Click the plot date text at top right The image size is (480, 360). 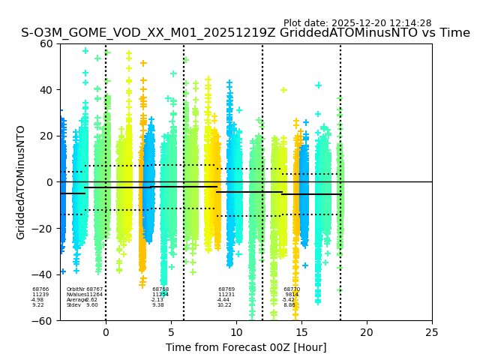pos(357,23)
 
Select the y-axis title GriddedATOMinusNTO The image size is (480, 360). pos(21,182)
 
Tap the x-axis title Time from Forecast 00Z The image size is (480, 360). pos(246,347)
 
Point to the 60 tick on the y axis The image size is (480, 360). pos(46,43)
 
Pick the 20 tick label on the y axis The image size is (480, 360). pos(46,136)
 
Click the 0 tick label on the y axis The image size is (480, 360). pos(49,182)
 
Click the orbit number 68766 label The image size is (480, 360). pos(40,289)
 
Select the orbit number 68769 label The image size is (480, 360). pos(226,289)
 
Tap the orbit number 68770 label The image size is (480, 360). pos(292,289)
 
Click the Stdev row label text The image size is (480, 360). pos(73,305)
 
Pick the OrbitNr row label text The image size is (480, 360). pos(76,289)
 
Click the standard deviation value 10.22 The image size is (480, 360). pos(224,305)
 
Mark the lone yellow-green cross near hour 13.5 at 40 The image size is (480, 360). pos(283,90)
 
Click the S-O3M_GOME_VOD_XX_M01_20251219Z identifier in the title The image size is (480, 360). pos(149,33)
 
